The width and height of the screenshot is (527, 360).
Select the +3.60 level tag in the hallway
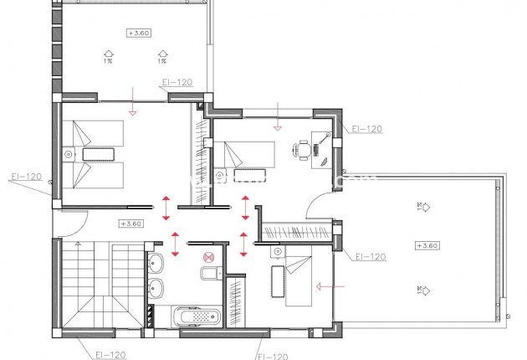(x=130, y=224)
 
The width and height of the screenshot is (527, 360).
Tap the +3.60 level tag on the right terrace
(x=426, y=245)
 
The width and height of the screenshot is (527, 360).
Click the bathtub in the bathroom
(x=196, y=316)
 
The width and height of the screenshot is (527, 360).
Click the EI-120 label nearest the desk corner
(x=366, y=130)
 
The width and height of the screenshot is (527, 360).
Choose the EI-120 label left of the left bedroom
(x=25, y=177)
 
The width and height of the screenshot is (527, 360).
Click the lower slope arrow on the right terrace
(x=422, y=291)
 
